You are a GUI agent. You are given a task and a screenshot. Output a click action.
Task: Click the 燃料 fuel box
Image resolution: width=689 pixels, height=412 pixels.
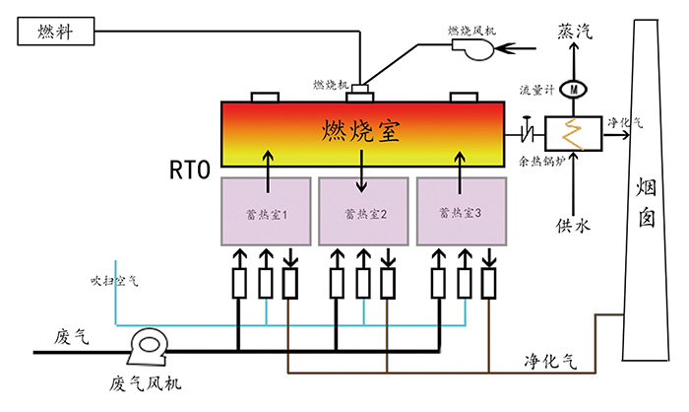click(56, 32)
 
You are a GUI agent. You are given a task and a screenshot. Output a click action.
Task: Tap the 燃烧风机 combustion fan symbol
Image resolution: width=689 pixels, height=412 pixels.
click(473, 48)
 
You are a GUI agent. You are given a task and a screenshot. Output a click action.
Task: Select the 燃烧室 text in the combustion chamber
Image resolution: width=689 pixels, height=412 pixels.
click(361, 130)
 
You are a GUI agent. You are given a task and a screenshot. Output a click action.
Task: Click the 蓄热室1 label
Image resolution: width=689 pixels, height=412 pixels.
click(267, 214)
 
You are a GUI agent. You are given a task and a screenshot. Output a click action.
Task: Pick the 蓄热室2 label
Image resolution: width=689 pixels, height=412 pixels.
click(365, 214)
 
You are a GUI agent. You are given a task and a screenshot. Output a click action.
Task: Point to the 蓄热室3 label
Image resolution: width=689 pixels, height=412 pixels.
click(460, 213)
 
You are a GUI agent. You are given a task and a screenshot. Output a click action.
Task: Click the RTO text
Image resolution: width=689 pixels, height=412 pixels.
click(190, 170)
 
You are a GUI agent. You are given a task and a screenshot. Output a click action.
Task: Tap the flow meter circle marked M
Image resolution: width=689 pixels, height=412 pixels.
click(574, 90)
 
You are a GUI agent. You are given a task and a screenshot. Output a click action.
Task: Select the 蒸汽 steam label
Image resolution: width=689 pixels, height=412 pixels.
click(575, 32)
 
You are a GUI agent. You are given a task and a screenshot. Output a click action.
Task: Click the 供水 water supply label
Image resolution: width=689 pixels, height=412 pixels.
click(573, 226)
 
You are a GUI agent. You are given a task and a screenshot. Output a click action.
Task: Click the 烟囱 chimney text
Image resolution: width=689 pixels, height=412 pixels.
click(647, 205)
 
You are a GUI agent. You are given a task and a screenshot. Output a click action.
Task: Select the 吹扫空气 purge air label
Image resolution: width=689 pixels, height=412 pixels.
click(114, 281)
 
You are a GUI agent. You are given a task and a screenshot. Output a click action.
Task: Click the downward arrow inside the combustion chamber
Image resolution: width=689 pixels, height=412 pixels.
click(361, 172)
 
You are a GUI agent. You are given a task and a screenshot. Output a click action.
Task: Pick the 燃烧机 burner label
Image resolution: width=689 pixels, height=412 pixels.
click(331, 85)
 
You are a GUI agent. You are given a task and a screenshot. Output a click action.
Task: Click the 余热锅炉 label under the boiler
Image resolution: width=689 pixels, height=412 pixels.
click(541, 161)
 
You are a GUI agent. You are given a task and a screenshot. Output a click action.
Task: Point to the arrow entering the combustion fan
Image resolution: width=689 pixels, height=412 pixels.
click(515, 47)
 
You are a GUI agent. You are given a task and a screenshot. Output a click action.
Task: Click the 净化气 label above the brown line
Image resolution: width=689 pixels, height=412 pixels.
click(550, 362)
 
